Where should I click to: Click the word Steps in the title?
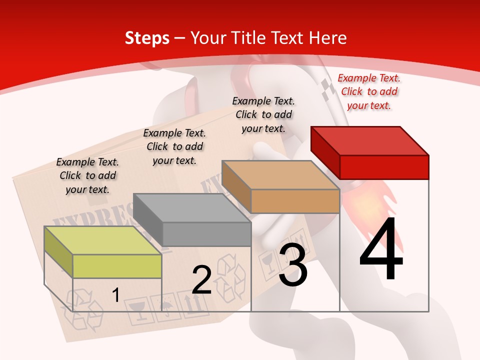(x=147, y=38)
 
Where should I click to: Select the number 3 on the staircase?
(x=293, y=265)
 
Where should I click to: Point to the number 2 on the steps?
(x=201, y=279)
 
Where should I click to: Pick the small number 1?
(x=115, y=295)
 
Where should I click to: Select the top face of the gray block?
(x=192, y=208)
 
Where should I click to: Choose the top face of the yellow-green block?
(x=103, y=240)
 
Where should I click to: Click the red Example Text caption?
(x=369, y=91)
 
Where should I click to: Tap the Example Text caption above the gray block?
(x=174, y=146)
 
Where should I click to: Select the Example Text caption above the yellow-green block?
(x=87, y=175)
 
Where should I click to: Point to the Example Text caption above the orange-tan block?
(x=263, y=114)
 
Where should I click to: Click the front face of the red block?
(x=384, y=167)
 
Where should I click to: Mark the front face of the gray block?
(x=206, y=234)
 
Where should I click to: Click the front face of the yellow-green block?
(x=117, y=266)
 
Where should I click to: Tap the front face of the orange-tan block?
(x=295, y=201)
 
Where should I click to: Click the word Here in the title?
(x=328, y=38)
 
